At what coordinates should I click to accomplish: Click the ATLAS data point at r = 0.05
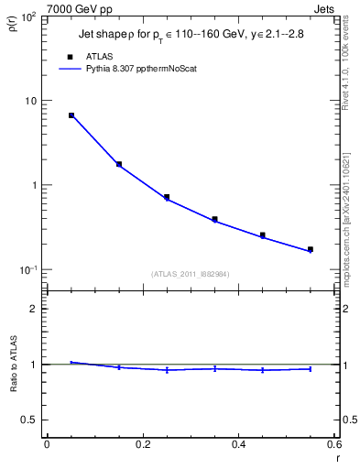(x=71, y=115)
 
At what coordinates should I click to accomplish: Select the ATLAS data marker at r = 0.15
(x=119, y=164)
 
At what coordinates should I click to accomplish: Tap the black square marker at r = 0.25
(x=167, y=197)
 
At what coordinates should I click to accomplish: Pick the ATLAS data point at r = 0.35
(x=214, y=219)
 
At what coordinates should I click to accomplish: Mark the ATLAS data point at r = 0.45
(x=262, y=235)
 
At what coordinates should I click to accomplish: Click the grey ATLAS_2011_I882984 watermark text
(x=191, y=273)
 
